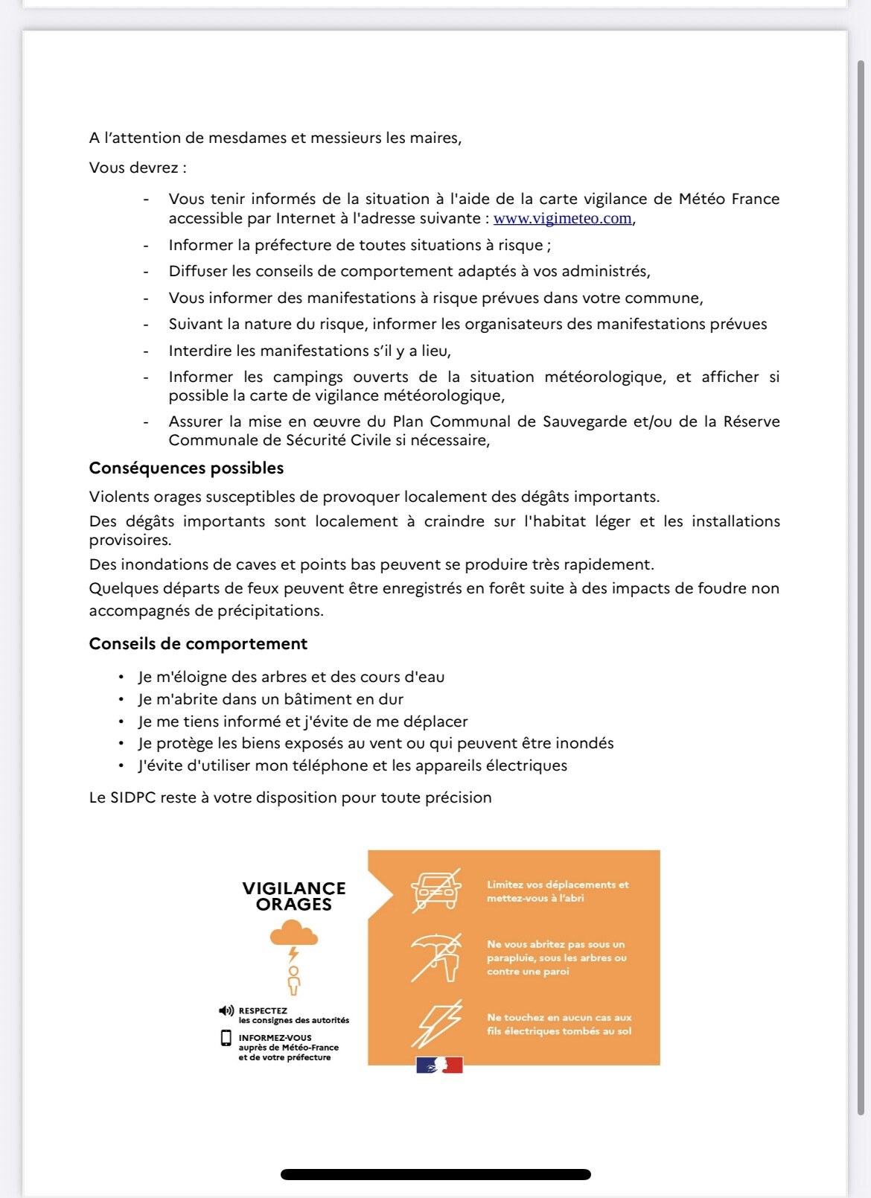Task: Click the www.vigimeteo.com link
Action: click(x=562, y=219)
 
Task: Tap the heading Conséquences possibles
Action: click(x=186, y=468)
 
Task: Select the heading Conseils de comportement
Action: click(x=198, y=644)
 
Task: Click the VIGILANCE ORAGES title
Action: click(x=294, y=896)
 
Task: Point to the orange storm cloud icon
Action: click(x=294, y=934)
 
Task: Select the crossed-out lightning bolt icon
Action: click(x=437, y=1024)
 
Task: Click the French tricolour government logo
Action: click(x=439, y=1065)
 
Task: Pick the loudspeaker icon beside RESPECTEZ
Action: click(x=226, y=1011)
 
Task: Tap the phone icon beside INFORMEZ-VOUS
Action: click(x=226, y=1038)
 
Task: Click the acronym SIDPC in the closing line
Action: click(x=133, y=798)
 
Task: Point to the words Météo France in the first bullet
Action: click(x=729, y=200)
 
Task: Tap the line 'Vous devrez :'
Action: click(x=138, y=168)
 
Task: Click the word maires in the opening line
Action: click(x=435, y=138)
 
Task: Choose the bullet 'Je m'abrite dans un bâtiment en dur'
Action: click(x=271, y=700)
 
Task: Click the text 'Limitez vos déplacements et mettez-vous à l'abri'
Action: click(x=558, y=892)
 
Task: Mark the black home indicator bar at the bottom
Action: click(x=435, y=1175)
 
